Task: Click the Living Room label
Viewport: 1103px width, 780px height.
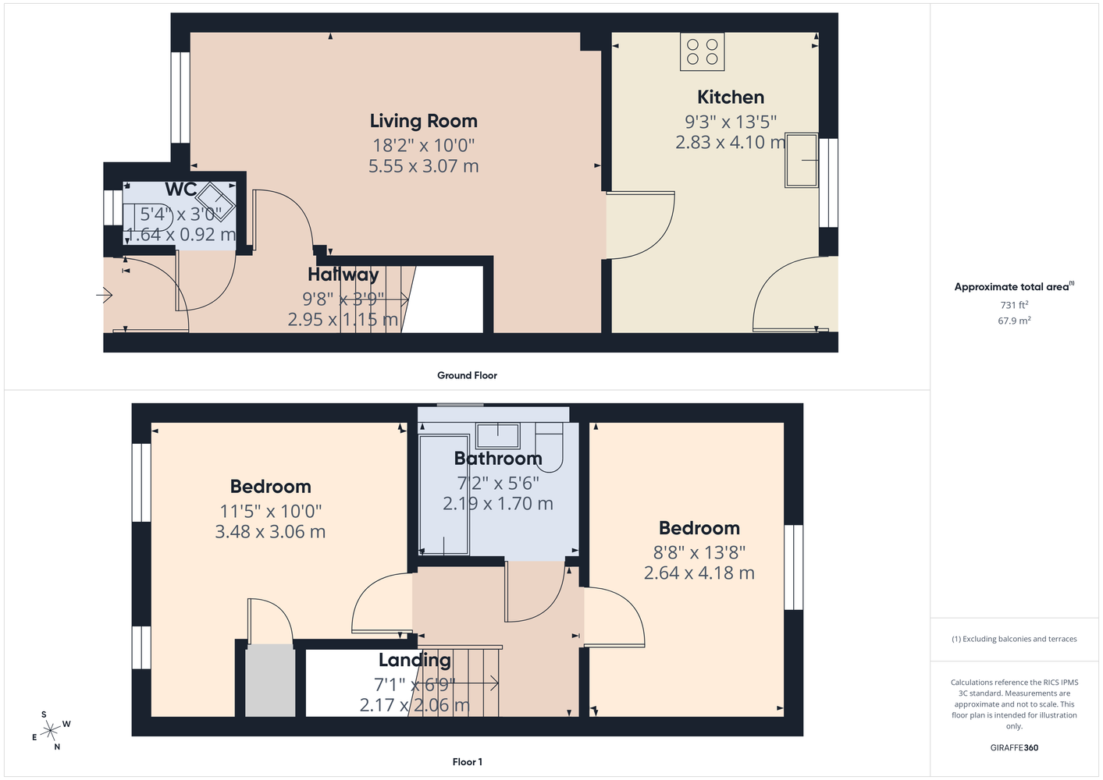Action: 423,121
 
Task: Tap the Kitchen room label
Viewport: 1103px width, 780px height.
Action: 731,97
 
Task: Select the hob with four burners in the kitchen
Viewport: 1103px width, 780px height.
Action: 703,51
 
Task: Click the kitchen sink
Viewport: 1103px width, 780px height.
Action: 802,160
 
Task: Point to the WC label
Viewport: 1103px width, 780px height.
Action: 181,189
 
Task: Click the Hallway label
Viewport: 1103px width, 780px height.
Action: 343,275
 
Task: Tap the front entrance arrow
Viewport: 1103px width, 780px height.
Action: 105,296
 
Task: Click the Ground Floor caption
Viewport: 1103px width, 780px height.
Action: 467,375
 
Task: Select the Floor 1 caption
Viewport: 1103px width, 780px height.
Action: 468,762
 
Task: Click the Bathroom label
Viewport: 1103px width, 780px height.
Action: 498,458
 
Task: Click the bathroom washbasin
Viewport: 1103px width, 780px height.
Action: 498,435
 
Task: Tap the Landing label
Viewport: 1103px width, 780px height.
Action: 415,660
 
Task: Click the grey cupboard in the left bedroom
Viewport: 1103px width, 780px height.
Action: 270,681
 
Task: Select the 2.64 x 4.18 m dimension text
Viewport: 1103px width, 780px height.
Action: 699,573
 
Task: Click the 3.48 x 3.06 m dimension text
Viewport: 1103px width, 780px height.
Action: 270,531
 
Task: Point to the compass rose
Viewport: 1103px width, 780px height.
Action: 51,731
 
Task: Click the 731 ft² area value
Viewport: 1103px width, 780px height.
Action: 1014,305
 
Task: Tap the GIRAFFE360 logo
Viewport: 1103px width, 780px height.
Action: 1014,747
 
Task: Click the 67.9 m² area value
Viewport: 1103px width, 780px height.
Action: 1014,321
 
